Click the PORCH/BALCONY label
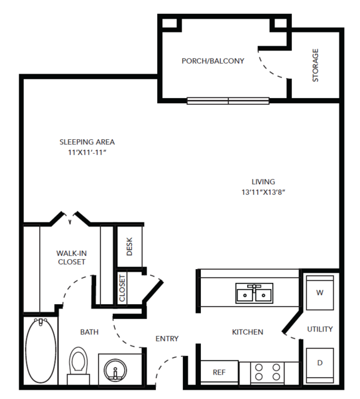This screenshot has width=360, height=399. click(x=213, y=61)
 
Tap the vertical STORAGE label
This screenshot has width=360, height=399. click(x=315, y=65)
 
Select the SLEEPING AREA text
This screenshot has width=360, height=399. click(x=87, y=142)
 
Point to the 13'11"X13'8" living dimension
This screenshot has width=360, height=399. click(x=263, y=192)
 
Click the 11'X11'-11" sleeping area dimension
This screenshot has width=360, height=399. click(x=87, y=152)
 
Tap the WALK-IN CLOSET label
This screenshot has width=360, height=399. click(x=72, y=257)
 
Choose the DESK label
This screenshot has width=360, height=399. click(x=129, y=246)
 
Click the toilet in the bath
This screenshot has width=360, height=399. click(x=79, y=366)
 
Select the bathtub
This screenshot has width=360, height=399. click(x=41, y=350)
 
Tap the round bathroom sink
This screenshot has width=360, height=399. click(x=115, y=370)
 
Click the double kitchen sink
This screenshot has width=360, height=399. click(x=254, y=293)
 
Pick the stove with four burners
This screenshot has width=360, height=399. click(x=268, y=372)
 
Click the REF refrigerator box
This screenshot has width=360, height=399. click(x=220, y=372)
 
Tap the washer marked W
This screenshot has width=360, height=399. click(x=320, y=293)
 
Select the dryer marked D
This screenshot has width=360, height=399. click(x=320, y=365)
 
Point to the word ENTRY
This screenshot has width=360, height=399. click(x=167, y=338)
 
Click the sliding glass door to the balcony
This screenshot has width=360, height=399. click(x=228, y=101)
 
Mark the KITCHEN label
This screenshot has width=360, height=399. click(x=248, y=332)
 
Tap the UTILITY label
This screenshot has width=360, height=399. click(x=320, y=329)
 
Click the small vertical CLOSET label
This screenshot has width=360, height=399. click(x=122, y=288)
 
